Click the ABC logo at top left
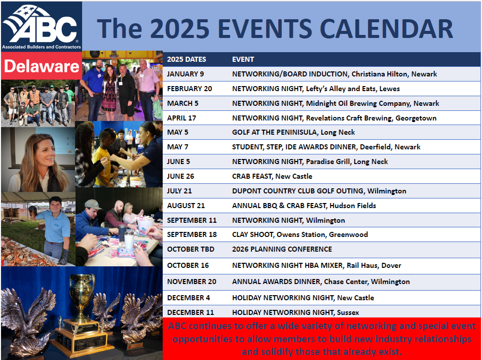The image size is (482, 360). click(42, 26)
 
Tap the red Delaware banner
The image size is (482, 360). click(42, 66)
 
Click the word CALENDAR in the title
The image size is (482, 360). click(386, 28)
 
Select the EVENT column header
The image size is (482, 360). click(243, 59)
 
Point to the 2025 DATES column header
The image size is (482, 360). click(187, 59)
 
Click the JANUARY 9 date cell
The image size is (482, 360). click(186, 74)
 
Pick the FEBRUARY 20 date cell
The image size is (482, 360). click(190, 89)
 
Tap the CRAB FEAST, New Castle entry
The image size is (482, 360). click(272, 176)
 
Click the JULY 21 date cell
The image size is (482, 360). click(179, 191)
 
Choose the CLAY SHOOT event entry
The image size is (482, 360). click(300, 234)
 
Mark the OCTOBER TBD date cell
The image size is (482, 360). click(191, 249)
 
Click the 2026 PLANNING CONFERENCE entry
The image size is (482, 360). click(282, 249)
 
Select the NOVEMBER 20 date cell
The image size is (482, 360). click(192, 282)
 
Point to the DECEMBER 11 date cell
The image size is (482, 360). click(190, 313)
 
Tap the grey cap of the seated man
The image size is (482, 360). click(93, 204)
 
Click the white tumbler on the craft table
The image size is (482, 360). click(129, 239)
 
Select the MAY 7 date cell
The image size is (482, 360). click(177, 147)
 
